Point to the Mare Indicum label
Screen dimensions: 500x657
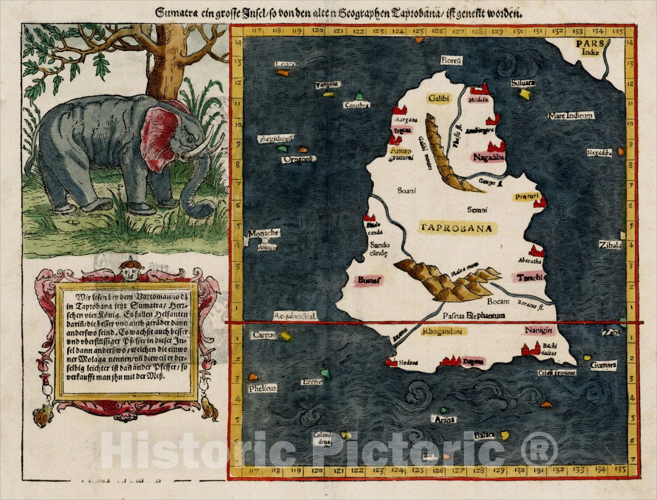pos(571,116)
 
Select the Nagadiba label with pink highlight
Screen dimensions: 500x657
pos(488,157)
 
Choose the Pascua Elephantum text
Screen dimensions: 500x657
pos(474,315)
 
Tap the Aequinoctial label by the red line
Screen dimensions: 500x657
pos(295,316)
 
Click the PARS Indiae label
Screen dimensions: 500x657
pos(590,47)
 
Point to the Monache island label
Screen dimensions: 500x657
pos(264,233)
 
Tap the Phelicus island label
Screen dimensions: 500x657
pos(262,388)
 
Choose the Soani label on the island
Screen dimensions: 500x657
pos(407,190)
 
